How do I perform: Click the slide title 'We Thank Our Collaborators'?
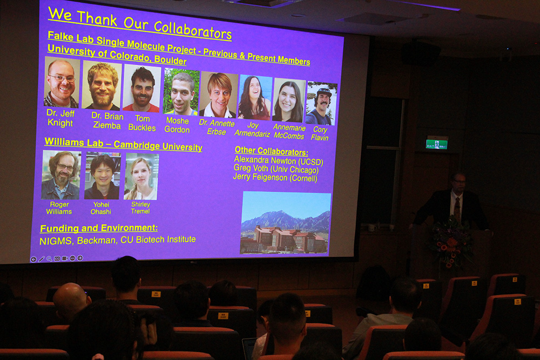pyautogui.click(x=140, y=23)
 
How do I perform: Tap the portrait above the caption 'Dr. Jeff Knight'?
pyautogui.click(x=62, y=83)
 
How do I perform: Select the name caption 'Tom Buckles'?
pyautogui.click(x=142, y=123)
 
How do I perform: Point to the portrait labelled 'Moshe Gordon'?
pyautogui.click(x=181, y=92)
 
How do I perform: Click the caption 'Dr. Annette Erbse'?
pyautogui.click(x=217, y=127)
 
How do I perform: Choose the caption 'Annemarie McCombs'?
pyautogui.click(x=289, y=132)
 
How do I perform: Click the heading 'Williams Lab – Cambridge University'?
pyautogui.click(x=123, y=145)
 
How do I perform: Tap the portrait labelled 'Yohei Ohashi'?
pyautogui.click(x=102, y=176)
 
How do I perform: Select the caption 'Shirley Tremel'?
pyautogui.click(x=140, y=208)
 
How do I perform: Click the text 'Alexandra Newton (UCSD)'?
pyautogui.click(x=279, y=161)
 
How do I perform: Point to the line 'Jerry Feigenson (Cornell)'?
pyautogui.click(x=275, y=178)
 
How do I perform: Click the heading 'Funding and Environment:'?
pyautogui.click(x=99, y=228)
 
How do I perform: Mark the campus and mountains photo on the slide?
pyautogui.click(x=285, y=223)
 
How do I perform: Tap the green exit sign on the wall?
pyautogui.click(x=437, y=144)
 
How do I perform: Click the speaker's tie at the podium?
pyautogui.click(x=457, y=208)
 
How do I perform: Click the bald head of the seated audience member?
pyautogui.click(x=70, y=298)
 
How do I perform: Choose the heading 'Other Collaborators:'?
pyautogui.click(x=272, y=151)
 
